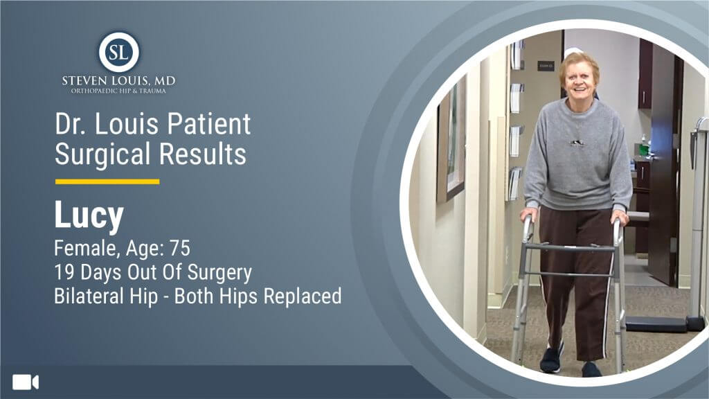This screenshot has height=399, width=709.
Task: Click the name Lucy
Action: tap(89, 215)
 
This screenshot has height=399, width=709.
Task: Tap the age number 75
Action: tap(179, 248)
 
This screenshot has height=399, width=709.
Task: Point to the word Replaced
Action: tap(303, 296)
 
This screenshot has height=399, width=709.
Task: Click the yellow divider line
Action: tap(107, 181)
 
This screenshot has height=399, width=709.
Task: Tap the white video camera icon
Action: tap(26, 382)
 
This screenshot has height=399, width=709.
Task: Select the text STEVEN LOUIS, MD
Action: tap(118, 81)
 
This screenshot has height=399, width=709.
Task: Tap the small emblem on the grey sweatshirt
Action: tap(576, 143)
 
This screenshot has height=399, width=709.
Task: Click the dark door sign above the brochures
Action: tap(546, 66)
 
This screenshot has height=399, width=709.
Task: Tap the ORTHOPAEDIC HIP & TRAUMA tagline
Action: tap(118, 91)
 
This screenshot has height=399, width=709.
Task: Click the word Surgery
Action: tap(219, 273)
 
